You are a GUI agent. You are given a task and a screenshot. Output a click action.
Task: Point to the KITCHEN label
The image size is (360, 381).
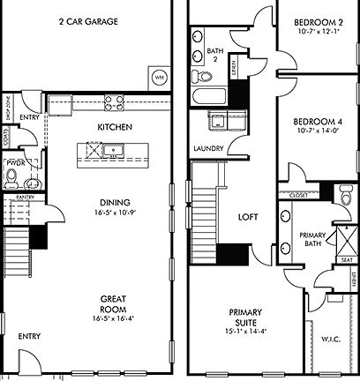(115, 127)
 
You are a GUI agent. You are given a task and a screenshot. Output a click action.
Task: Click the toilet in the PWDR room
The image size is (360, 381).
(11, 179)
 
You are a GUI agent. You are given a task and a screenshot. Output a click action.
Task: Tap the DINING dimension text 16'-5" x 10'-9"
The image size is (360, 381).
(115, 213)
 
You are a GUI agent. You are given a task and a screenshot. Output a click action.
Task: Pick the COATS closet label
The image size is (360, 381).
(6, 137)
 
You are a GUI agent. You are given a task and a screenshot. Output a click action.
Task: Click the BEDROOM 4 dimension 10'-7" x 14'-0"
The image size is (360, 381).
(316, 131)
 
